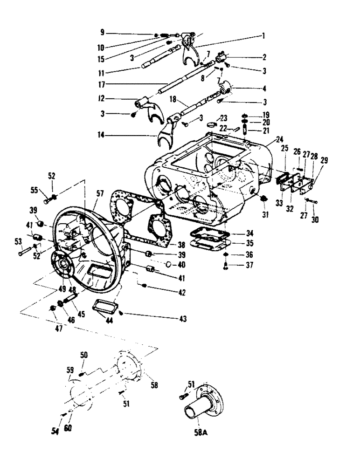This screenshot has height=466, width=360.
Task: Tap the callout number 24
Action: click(x=279, y=138)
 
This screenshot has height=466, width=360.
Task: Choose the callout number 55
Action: click(x=34, y=191)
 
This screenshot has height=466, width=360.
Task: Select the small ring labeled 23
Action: click(x=211, y=124)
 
